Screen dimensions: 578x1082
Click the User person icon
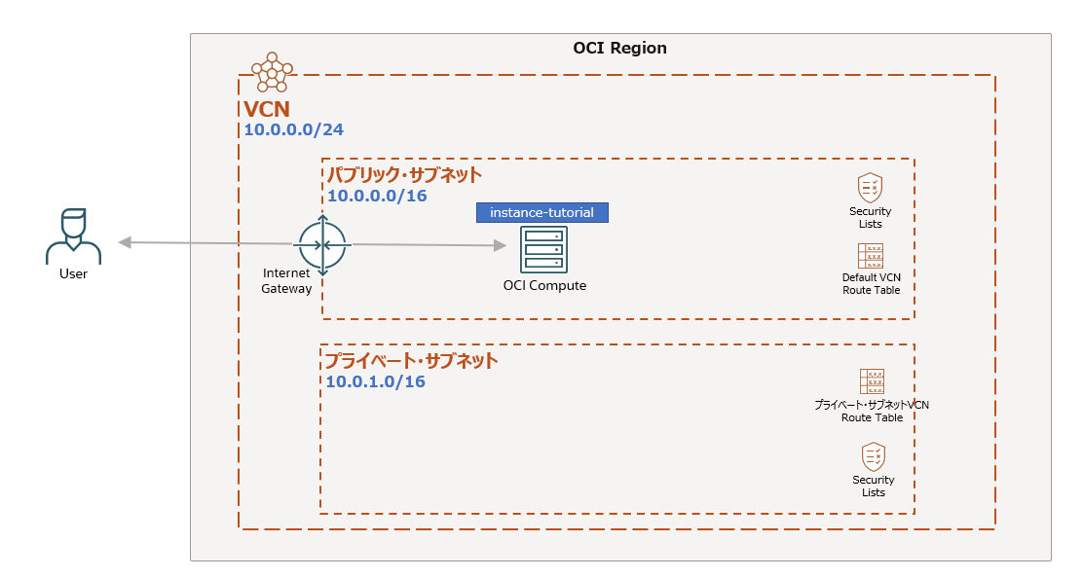(x=73, y=236)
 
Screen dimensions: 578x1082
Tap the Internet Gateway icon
(x=322, y=244)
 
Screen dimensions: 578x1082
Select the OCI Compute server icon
(x=543, y=249)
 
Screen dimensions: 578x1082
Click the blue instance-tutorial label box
(x=541, y=212)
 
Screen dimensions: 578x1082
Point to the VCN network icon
(x=272, y=72)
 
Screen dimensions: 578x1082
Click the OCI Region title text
(x=619, y=49)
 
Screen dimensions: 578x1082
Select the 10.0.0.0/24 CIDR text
(x=293, y=129)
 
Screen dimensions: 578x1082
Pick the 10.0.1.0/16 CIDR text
(x=375, y=381)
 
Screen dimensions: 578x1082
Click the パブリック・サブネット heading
(x=404, y=175)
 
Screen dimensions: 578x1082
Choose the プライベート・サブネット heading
(x=411, y=361)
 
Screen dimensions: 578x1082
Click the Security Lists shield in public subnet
(x=870, y=187)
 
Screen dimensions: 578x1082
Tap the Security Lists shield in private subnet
(x=874, y=456)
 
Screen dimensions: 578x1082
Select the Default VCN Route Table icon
(x=871, y=256)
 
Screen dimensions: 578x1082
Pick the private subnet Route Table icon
(x=872, y=381)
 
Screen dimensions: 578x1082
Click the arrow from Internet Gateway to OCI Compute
(x=429, y=245)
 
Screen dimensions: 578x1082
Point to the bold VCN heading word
(x=266, y=109)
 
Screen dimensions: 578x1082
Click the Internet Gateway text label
(x=286, y=281)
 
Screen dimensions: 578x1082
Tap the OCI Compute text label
(x=544, y=286)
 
